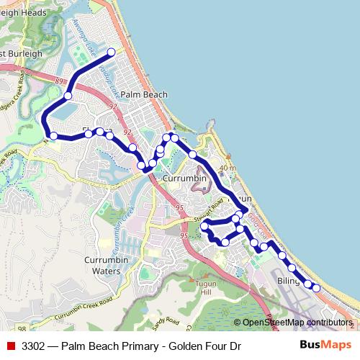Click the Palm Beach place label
tap(144, 94)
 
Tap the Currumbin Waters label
tap(107, 265)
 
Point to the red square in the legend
tap(11, 346)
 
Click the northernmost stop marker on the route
tap(112, 52)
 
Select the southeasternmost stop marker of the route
tap(316, 288)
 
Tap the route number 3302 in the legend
tap(35, 346)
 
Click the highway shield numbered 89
tap(59, 82)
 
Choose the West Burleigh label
tap(22, 54)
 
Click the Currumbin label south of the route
tap(185, 178)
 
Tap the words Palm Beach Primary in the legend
tap(112, 346)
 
